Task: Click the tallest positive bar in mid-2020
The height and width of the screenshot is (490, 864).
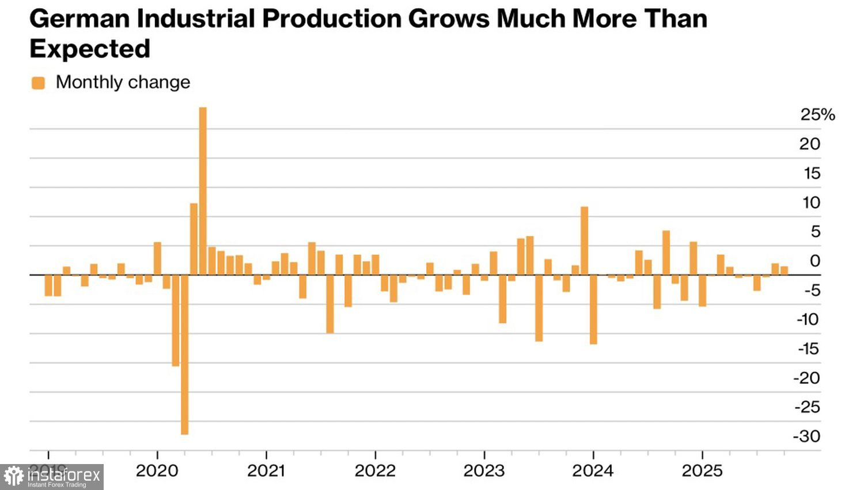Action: [203, 190]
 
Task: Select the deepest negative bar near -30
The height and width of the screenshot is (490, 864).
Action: [184, 355]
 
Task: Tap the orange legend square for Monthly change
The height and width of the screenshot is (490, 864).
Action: [38, 83]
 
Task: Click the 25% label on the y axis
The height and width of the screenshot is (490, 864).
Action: [817, 115]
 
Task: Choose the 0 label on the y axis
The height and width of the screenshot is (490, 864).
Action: [814, 261]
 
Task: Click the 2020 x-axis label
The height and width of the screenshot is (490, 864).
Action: [157, 471]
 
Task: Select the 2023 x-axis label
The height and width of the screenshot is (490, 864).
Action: [484, 471]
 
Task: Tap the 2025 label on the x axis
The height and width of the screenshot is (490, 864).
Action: [702, 471]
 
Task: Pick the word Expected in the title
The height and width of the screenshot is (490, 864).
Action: [90, 49]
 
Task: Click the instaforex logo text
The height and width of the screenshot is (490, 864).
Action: [64, 476]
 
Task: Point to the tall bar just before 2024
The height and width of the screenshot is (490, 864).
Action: [584, 240]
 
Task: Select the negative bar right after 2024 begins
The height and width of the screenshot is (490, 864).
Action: [593, 310]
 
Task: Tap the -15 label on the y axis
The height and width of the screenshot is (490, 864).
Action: [809, 349]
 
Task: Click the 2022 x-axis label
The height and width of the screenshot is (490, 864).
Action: [375, 471]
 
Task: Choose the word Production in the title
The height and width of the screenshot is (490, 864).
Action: [331, 20]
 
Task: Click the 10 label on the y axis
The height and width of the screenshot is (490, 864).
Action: [811, 203]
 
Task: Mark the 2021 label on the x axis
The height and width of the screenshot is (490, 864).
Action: [266, 471]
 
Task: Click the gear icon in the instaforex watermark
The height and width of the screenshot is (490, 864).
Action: [14, 477]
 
